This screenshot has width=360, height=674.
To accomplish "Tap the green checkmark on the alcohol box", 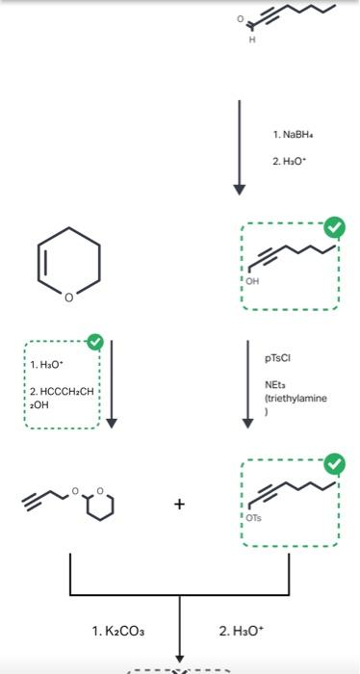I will click(x=333, y=228).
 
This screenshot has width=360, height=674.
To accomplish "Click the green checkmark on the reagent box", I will click(x=94, y=342).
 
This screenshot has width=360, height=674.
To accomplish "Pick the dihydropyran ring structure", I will click(x=67, y=265).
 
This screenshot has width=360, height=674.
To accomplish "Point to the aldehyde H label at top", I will click(x=252, y=39).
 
